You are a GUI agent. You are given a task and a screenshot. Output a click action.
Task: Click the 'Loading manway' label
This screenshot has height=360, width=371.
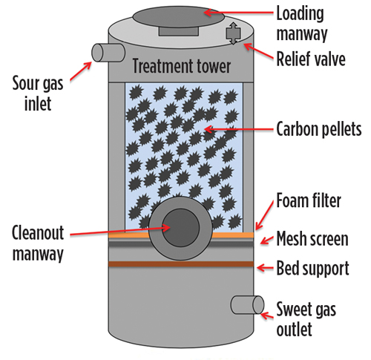coord(302,24)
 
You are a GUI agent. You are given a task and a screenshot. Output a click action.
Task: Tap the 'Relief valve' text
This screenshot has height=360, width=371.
coord(311,59)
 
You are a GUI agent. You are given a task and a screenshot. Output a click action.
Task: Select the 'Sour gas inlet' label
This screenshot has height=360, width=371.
coord(38,94)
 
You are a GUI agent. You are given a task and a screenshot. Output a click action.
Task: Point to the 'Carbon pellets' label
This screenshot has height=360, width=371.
coord(319,129)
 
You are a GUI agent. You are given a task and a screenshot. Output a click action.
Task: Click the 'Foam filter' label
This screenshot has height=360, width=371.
coord(309,200)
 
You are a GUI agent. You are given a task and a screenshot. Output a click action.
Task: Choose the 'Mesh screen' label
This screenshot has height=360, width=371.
coord(312,239)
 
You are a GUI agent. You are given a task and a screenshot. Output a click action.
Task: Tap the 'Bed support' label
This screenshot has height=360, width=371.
coord(312,268)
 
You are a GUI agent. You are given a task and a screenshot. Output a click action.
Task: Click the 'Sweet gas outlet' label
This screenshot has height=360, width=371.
coord(306,318)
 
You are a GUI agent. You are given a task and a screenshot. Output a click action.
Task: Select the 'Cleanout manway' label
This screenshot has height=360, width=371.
coord(38,243)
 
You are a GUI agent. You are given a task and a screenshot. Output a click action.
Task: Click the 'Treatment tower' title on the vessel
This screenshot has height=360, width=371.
coord(182,66)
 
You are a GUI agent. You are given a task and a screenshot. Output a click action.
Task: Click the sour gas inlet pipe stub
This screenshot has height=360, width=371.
coord(108,53)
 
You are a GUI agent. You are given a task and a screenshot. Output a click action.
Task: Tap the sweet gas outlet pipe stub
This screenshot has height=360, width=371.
coord(247,305)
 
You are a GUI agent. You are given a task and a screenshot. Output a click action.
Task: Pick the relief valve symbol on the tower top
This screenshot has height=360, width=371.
coord(233,33)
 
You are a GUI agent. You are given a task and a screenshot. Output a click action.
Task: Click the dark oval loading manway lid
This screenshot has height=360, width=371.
coord(179,17)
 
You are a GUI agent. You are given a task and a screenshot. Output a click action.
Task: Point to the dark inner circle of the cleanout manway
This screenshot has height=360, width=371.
coord(181,228)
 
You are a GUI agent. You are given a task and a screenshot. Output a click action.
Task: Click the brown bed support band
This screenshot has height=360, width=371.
coord(181,264)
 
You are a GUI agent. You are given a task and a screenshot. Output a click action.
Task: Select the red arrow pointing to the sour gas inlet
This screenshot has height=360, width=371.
coord(81,71)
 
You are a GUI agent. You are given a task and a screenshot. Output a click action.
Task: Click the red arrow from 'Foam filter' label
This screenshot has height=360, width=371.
coord(265,215)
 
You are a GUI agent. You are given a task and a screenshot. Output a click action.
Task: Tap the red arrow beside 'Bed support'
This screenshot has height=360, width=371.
coord(265,268)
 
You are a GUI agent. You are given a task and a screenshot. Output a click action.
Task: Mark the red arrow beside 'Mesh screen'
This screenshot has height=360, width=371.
coord(267,240)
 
